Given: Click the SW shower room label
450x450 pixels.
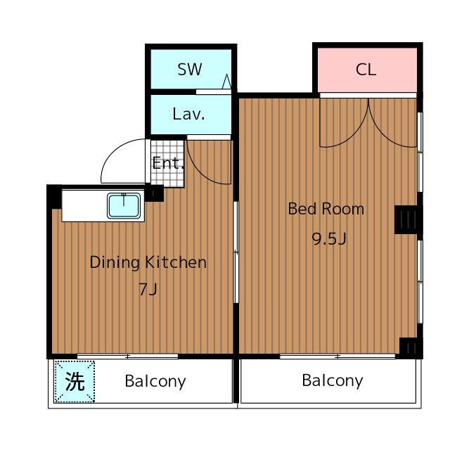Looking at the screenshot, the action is click(x=190, y=69).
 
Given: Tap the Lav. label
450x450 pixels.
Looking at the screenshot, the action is click(x=189, y=114).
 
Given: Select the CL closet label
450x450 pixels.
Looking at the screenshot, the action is click(x=366, y=70).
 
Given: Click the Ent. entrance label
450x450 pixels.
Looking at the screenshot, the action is click(x=168, y=163).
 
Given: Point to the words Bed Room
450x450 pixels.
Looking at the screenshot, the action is click(x=326, y=209).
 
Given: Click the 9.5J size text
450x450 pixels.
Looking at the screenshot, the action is click(x=329, y=238).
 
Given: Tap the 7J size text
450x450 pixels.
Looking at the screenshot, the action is click(x=148, y=289).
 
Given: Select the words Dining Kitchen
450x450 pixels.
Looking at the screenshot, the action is click(x=148, y=262).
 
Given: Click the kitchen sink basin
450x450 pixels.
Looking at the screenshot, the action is click(x=124, y=205).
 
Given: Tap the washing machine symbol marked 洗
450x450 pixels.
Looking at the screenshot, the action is click(x=75, y=381).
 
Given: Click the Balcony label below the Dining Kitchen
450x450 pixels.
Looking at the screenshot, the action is click(x=155, y=381).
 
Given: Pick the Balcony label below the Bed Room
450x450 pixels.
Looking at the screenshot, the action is click(x=333, y=381).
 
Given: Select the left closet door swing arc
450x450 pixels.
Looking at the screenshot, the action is click(x=352, y=139).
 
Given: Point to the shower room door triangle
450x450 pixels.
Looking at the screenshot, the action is click(x=226, y=82).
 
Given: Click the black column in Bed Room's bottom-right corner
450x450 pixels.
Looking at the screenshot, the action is click(x=410, y=347).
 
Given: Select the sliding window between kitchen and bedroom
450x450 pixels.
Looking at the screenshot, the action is click(x=236, y=252).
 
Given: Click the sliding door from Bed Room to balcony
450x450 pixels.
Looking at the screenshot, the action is click(x=337, y=356).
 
